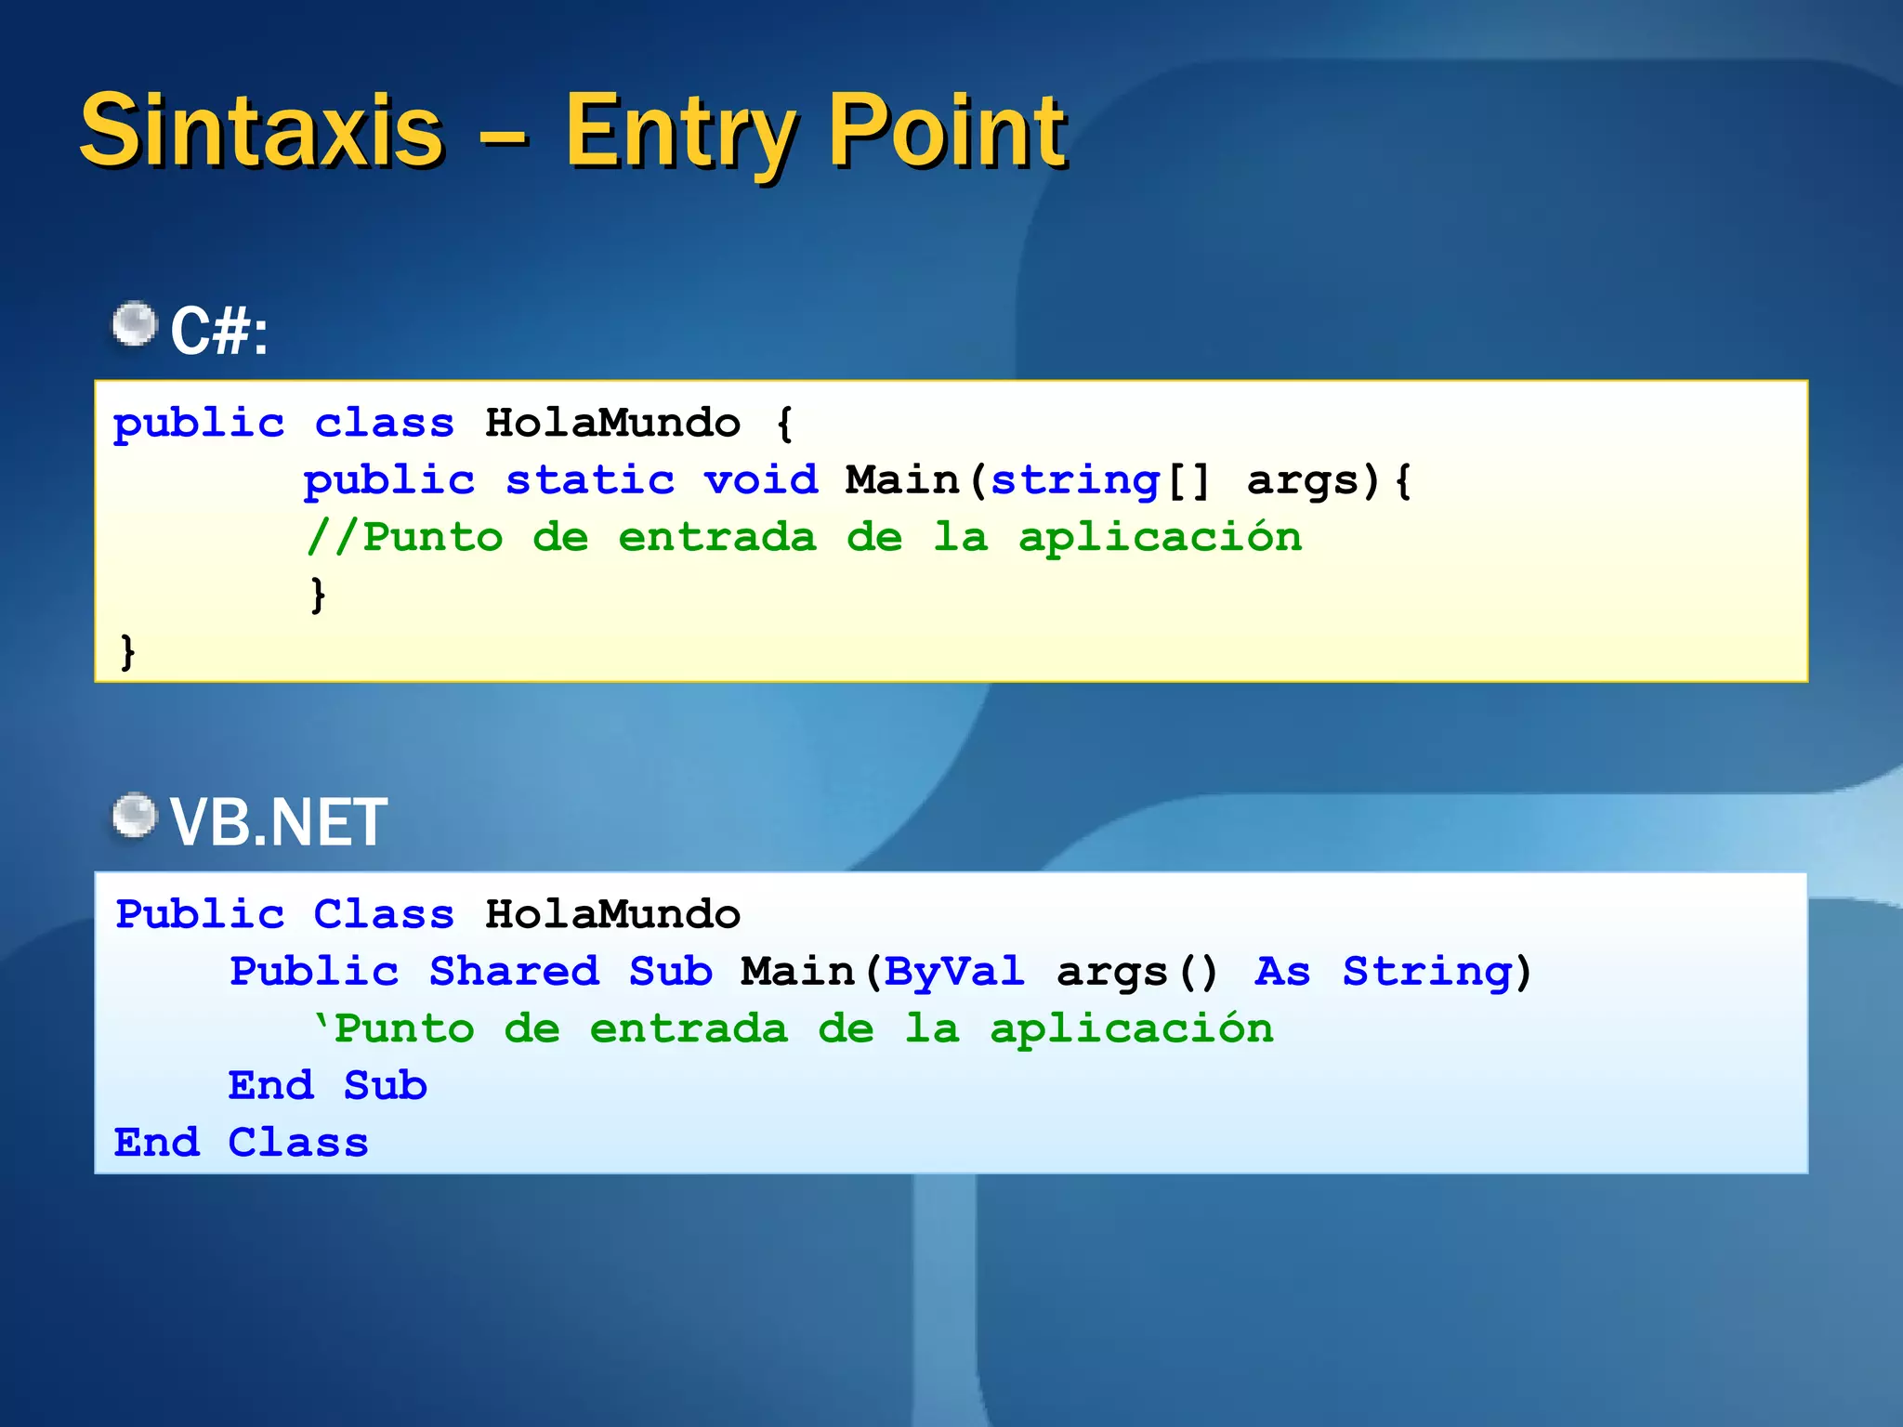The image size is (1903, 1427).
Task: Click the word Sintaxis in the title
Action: pyautogui.click(x=261, y=132)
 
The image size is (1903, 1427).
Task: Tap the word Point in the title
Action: pyautogui.click(x=948, y=132)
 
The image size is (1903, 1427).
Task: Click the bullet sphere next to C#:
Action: pyautogui.click(x=136, y=324)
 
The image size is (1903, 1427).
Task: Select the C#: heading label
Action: pyautogui.click(x=219, y=332)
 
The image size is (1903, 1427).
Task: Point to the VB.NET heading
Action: pyautogui.click(x=279, y=823)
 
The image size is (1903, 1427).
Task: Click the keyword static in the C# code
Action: pyautogui.click(x=590, y=481)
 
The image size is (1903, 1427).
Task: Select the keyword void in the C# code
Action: pyautogui.click(x=761, y=481)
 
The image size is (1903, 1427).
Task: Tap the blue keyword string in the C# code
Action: pyautogui.click(x=1075, y=481)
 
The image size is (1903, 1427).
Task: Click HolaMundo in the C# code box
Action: pyautogui.click(x=612, y=424)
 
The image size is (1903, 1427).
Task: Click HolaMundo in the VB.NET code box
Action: pyautogui.click(x=612, y=915)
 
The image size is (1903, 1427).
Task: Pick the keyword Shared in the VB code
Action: pyautogui.click(x=514, y=972)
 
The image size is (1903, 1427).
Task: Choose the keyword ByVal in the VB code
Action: pyautogui.click(x=954, y=972)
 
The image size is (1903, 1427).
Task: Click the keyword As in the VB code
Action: pyautogui.click(x=1282, y=972)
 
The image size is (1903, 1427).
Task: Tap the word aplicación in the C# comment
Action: pyautogui.click(x=1160, y=538)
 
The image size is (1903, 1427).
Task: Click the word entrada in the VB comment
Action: pyautogui.click(x=689, y=1029)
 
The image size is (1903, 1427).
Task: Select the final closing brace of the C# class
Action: pyautogui.click(x=128, y=651)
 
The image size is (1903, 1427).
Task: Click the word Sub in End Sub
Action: pyautogui.click(x=386, y=1086)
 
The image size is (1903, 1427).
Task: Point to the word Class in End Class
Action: pyautogui.click(x=298, y=1143)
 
